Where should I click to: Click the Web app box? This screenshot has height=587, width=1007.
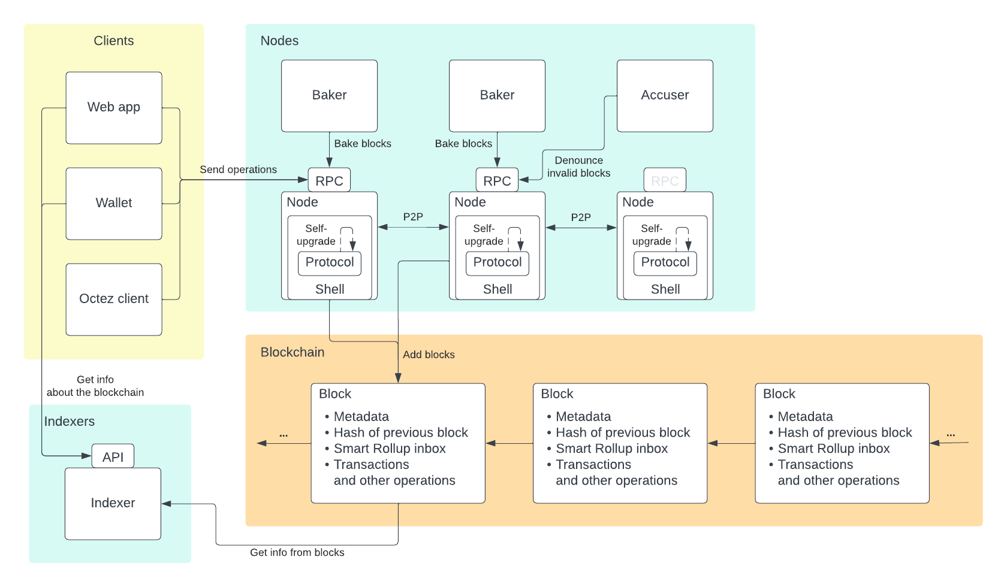pos(114,108)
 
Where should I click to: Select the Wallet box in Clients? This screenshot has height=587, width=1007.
pos(114,204)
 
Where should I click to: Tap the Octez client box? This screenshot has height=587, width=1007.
pos(114,299)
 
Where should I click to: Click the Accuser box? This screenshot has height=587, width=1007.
pos(665,95)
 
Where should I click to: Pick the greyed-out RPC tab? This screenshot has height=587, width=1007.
pos(665,180)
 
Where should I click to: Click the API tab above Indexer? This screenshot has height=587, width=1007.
pos(113,457)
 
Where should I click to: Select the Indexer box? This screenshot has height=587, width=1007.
pos(113,503)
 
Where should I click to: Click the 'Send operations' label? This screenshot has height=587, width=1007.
pos(238,170)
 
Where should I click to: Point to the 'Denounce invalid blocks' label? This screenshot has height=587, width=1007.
pos(578,167)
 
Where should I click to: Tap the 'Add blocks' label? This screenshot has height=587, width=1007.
pos(429,355)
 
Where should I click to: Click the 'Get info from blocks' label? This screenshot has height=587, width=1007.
pos(297,552)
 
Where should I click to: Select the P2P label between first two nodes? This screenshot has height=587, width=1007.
pos(413,217)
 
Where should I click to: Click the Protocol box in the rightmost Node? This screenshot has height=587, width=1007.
pos(665,262)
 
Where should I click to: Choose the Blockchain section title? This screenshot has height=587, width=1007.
pos(293,352)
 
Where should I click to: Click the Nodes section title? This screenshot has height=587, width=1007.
pos(279,41)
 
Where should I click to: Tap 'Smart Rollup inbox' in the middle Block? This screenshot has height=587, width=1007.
pos(611,449)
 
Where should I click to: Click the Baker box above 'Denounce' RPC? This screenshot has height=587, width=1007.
pos(497,95)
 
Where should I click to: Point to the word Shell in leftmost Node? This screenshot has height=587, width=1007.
pos(330,289)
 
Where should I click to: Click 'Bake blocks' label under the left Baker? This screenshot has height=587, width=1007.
pos(363,144)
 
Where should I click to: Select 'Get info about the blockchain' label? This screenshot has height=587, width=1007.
pos(95,386)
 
